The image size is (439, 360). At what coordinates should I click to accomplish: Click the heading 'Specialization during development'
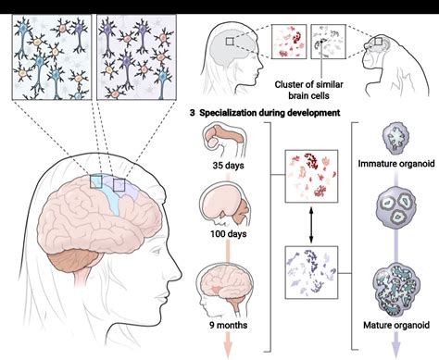coord(272,113)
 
